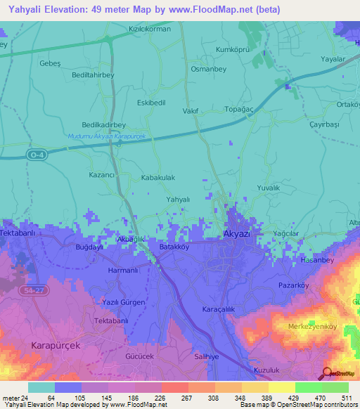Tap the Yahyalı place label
178,200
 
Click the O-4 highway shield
38,154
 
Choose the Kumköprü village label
234,50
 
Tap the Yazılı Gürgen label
124,302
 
